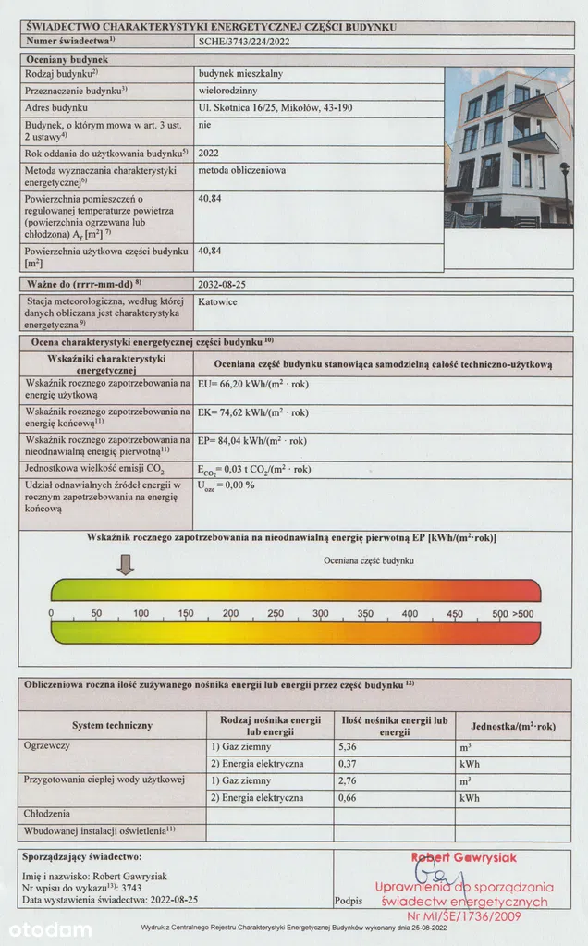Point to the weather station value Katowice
219,301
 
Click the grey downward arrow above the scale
127,562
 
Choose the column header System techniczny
112,725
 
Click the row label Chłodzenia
49,814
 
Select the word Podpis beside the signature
349,898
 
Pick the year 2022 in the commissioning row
209,152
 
